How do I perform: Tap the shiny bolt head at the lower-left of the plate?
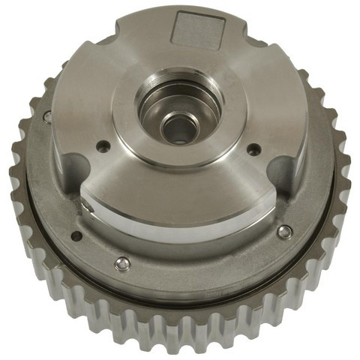tap(122, 262)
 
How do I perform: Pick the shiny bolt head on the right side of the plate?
tap(283, 232)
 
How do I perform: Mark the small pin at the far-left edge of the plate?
tap(47, 116)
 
